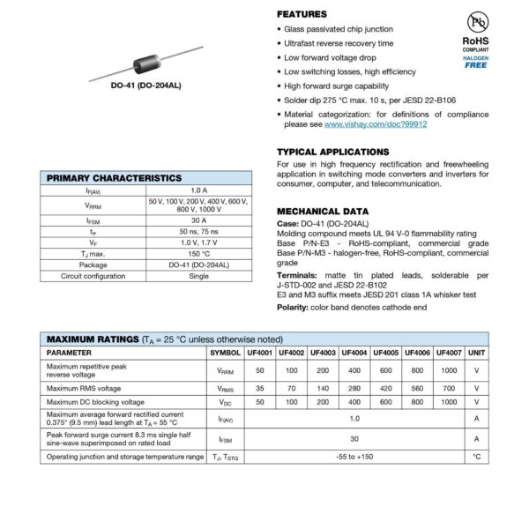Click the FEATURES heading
coord(302,15)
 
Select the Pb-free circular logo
coord(477,22)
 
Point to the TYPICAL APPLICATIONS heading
coord(332,152)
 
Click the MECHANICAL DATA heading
coord(323,212)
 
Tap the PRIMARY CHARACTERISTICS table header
coord(114,178)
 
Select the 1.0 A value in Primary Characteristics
coord(198,190)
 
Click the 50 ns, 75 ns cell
coord(198,229)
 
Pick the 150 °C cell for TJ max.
coord(198,253)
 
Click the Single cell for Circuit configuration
coord(198,276)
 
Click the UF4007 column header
coord(447,353)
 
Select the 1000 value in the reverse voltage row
coord(447,371)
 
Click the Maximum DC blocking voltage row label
coord(96,402)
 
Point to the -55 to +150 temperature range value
coord(354,457)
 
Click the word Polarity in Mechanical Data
coord(293,307)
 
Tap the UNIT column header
coord(476,353)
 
